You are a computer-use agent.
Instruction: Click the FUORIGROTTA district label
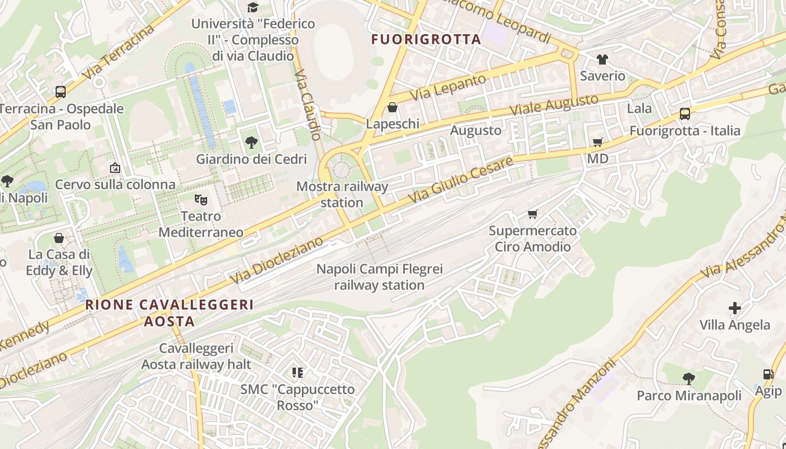coord(426,39)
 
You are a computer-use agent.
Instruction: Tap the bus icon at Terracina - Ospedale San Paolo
coord(60,91)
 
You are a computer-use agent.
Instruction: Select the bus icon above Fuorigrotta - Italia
coord(684,114)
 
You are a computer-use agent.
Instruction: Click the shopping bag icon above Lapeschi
coord(392,107)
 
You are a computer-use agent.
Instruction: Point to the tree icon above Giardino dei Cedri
coord(252,143)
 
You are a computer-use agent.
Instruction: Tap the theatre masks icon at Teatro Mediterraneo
coord(200,199)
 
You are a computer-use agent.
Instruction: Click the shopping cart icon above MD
coord(597,143)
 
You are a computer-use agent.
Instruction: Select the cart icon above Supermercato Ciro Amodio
coord(532,214)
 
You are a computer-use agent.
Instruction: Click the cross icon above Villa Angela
coord(734,308)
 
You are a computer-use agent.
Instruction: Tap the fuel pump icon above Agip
coord(767,374)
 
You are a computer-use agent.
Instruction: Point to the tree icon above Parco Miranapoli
coord(689,379)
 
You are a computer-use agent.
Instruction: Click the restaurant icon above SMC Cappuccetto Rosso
coord(298,372)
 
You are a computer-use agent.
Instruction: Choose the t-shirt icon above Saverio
coord(602,59)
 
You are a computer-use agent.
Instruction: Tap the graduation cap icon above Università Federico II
coord(253,7)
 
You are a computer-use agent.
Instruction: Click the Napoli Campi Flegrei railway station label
coord(380,277)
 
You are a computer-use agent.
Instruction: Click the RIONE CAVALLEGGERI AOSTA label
coord(169,313)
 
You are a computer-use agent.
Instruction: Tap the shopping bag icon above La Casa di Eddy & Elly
coord(59,238)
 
